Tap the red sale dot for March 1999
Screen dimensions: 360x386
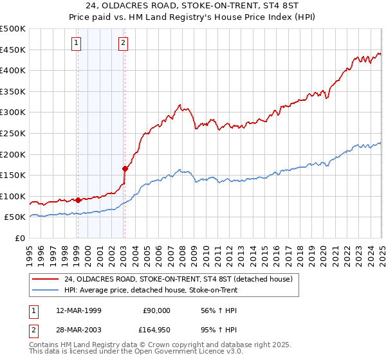pos(78,200)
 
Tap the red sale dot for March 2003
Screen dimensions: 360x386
pos(125,168)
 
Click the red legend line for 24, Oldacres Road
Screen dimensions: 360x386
pos(46,279)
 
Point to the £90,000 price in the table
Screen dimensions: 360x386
pos(156,310)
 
